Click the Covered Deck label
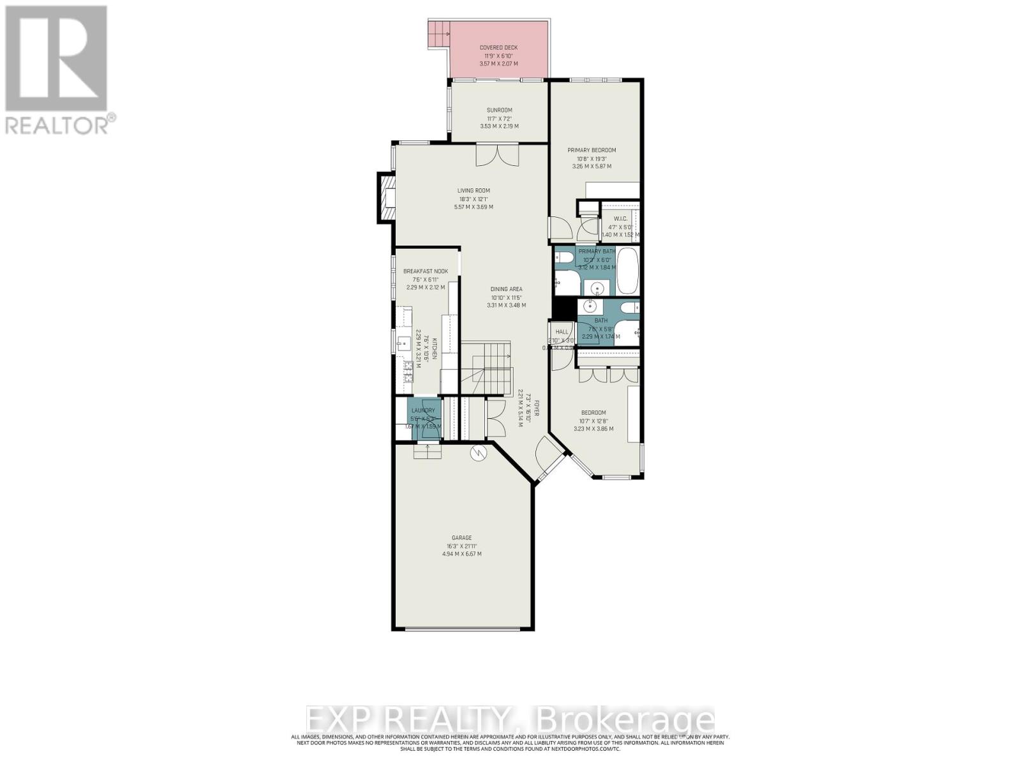(x=498, y=47)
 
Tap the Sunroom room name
(x=499, y=110)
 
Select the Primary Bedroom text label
(x=592, y=150)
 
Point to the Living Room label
(x=473, y=190)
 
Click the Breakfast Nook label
(x=425, y=271)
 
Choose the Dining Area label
(x=506, y=289)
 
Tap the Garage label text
(x=461, y=537)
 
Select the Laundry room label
(x=423, y=410)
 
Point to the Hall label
(x=562, y=332)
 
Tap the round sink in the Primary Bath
(x=597, y=287)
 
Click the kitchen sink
(x=403, y=343)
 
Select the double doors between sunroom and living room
(x=497, y=155)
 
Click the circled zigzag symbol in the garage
(x=478, y=453)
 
